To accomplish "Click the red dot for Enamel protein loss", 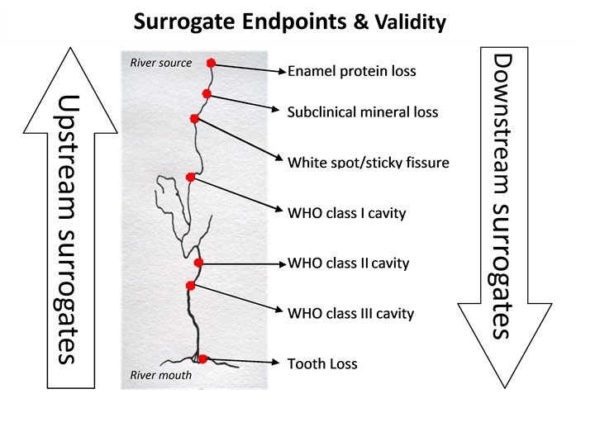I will tap(211, 63).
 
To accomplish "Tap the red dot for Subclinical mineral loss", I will tap(207, 94).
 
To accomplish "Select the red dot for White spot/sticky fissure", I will tap(194, 119).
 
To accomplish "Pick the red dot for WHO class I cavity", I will tap(191, 177).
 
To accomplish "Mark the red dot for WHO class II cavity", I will tap(198, 263).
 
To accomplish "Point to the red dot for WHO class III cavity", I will tap(191, 286).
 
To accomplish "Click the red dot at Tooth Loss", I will tap(202, 358).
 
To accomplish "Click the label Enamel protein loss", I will tap(351, 71).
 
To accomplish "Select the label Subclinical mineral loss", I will tap(362, 111).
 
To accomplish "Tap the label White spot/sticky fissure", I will tap(368, 162).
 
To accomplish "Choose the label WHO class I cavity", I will tap(346, 214).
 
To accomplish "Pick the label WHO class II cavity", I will tap(348, 264).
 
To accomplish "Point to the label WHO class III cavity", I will tap(350, 314).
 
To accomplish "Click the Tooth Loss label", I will tap(322, 363).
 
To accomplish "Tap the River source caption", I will tap(161, 63).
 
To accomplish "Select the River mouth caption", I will tap(161, 375).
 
